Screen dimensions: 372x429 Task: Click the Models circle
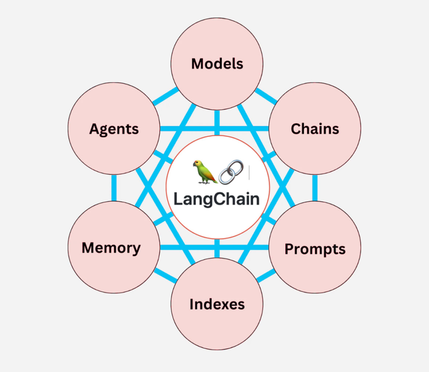pyautogui.click(x=217, y=63)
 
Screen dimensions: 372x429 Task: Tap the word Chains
pyautogui.click(x=314, y=129)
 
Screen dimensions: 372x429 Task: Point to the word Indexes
pyautogui.click(x=217, y=304)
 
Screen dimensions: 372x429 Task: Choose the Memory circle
pyautogui.click(x=111, y=247)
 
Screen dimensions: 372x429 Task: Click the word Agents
pyautogui.click(x=114, y=129)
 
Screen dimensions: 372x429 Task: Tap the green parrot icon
pyautogui.click(x=204, y=171)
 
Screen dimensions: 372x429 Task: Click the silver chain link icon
pyautogui.click(x=231, y=172)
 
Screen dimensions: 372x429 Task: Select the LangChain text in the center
pyautogui.click(x=217, y=199)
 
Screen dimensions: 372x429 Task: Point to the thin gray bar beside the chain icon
pyautogui.click(x=249, y=172)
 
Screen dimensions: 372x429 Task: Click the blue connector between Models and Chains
pyautogui.click(x=266, y=96)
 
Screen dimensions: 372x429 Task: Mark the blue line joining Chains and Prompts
pyautogui.click(x=314, y=188)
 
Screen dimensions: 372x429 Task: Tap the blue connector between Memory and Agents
pyautogui.click(x=113, y=188)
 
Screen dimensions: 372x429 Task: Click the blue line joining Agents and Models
pyautogui.click(x=165, y=96)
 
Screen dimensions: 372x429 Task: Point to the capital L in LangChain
pyautogui.click(x=178, y=199)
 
